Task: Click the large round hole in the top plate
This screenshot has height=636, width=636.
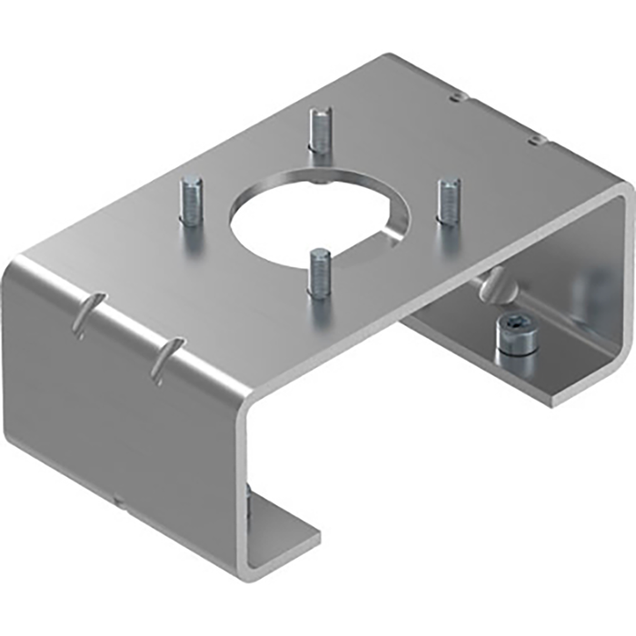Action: (x=319, y=211)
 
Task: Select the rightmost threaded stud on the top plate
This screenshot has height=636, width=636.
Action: (x=447, y=201)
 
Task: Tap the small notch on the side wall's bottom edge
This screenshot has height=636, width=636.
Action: (x=117, y=497)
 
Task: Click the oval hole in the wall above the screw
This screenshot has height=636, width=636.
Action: (x=492, y=285)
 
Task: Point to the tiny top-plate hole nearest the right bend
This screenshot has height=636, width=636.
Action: (x=537, y=138)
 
